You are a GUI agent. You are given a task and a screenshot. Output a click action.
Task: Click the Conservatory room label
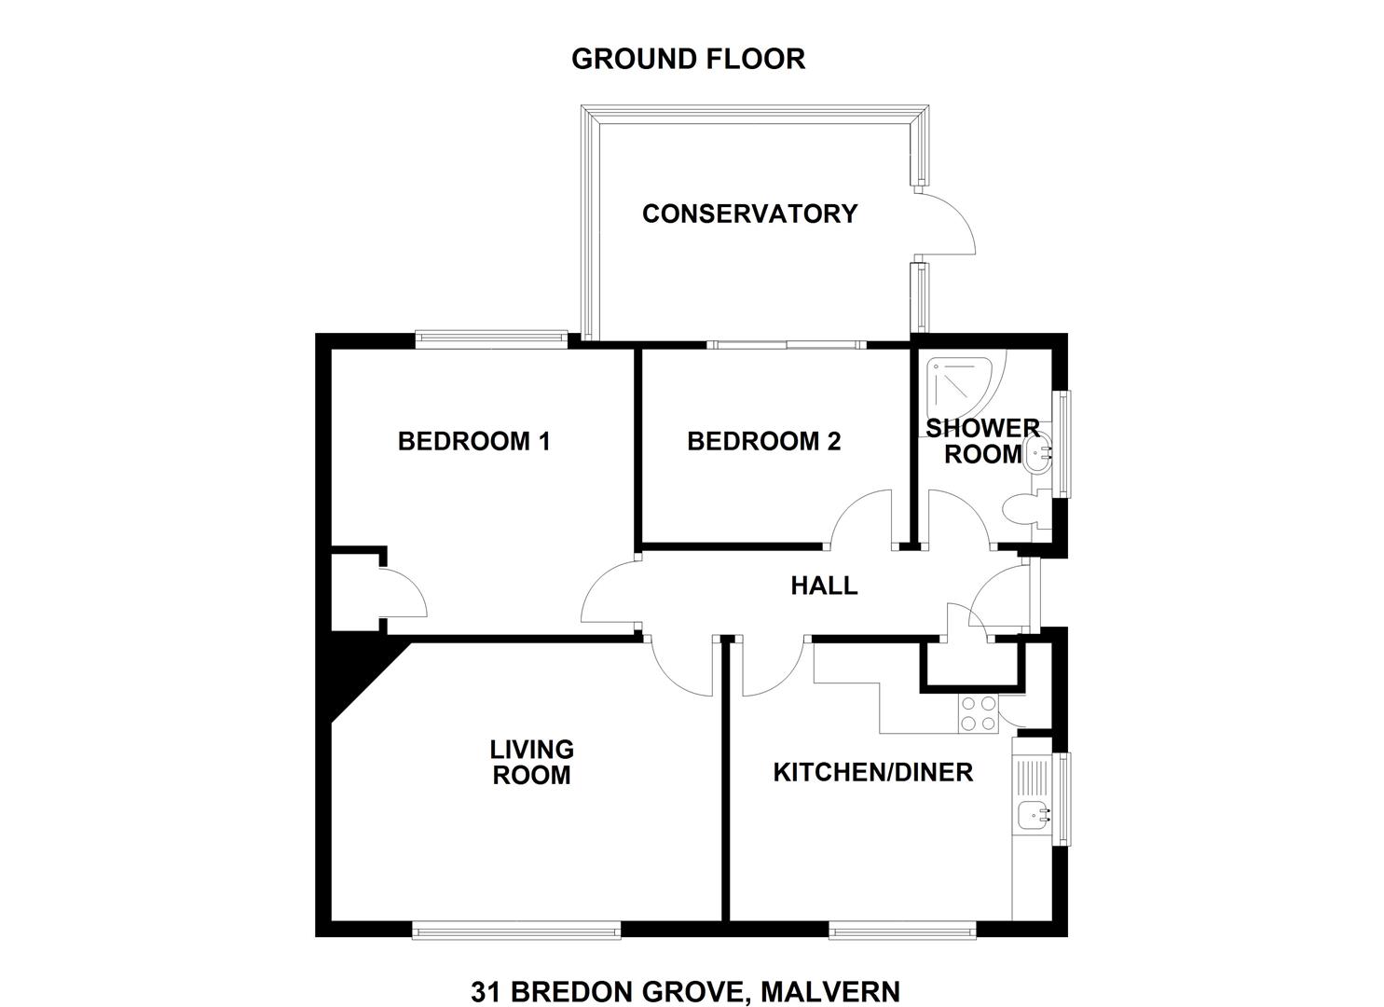tap(749, 214)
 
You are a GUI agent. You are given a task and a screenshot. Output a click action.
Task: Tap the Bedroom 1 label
tap(473, 441)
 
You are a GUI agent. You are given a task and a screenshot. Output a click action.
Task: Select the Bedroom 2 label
tap(763, 441)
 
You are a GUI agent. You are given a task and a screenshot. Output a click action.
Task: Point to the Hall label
tap(824, 586)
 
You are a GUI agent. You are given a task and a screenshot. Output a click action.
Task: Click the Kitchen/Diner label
tap(873, 772)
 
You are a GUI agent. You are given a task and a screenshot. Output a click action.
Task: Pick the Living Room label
tap(531, 762)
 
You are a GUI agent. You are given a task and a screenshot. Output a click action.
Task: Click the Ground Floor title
tap(689, 60)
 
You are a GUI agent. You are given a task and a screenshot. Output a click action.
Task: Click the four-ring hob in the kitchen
tap(978, 714)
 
